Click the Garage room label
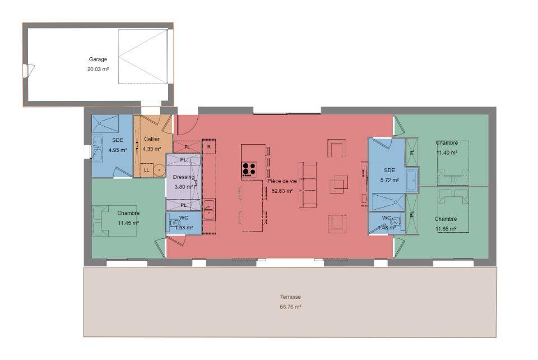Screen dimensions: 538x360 coord(98,59)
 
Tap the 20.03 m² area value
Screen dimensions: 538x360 coord(98,69)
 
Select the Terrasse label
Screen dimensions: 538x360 coord(290,297)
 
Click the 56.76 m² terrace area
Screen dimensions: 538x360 coord(290,307)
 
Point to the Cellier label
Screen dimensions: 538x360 coord(152,139)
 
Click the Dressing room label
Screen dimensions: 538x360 coord(184,177)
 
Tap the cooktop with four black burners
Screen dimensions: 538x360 coord(249,169)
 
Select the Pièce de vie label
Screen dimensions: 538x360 coord(282,181)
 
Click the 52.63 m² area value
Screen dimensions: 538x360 coord(282,191)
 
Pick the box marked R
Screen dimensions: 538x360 coord(208,147)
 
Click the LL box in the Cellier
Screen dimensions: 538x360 coord(146,170)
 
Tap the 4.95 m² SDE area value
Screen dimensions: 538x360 coord(118,150)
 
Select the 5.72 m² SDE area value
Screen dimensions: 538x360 coord(389,180)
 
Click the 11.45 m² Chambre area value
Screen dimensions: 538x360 coord(128,223)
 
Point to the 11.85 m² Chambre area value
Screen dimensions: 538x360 coord(446,229)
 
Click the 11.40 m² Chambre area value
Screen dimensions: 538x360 coord(447,153)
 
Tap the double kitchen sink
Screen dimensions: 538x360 coord(208,209)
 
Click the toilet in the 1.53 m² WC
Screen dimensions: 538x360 coord(174,223)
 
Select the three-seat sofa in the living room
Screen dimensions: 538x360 coord(308,184)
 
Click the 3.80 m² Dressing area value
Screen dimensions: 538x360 coord(184,187)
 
